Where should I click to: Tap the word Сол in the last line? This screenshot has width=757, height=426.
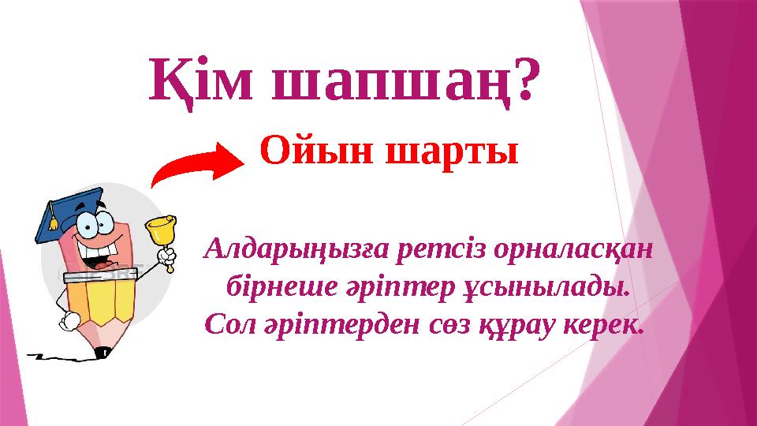click(225, 322)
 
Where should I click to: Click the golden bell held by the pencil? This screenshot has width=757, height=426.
click(161, 231)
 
